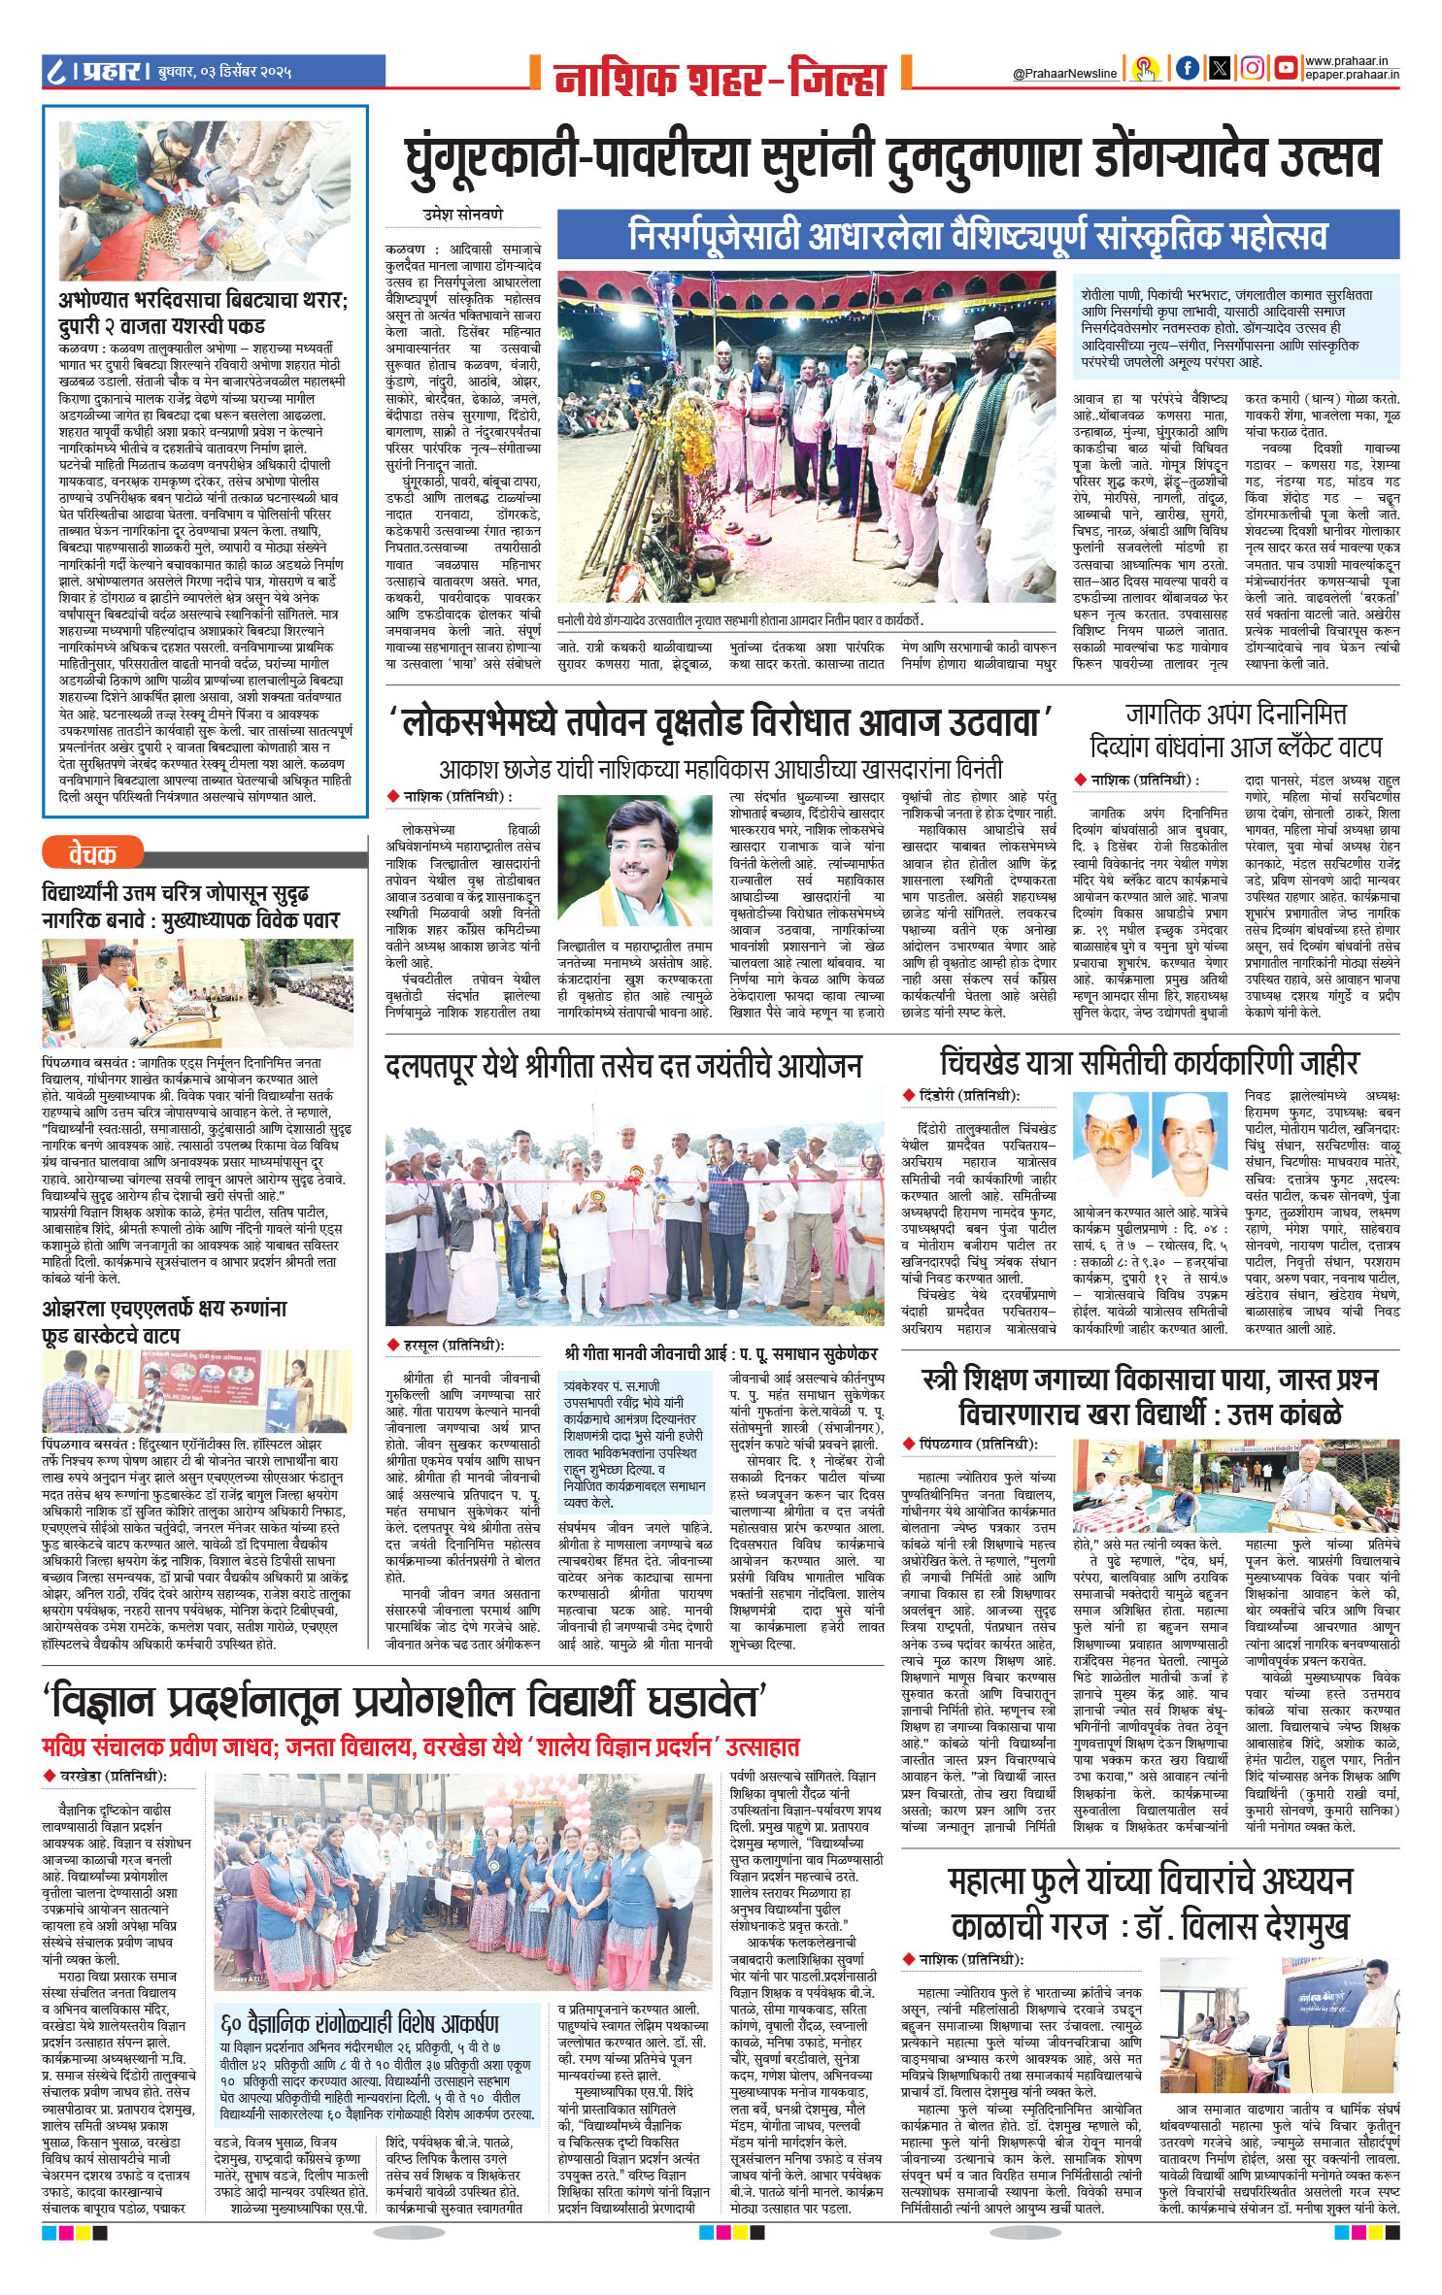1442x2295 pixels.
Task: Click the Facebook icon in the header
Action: pos(1187,68)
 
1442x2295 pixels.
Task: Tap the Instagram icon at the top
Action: pos(1253,68)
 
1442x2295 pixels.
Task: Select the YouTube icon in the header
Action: pos(1287,68)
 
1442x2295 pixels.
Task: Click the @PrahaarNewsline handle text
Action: pos(1064,73)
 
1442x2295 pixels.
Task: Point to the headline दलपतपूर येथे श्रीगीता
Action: pos(622,1068)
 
